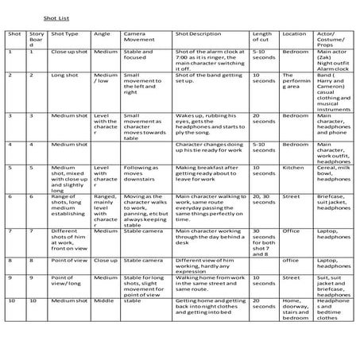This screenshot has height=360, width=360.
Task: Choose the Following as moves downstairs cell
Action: tap(141, 172)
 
